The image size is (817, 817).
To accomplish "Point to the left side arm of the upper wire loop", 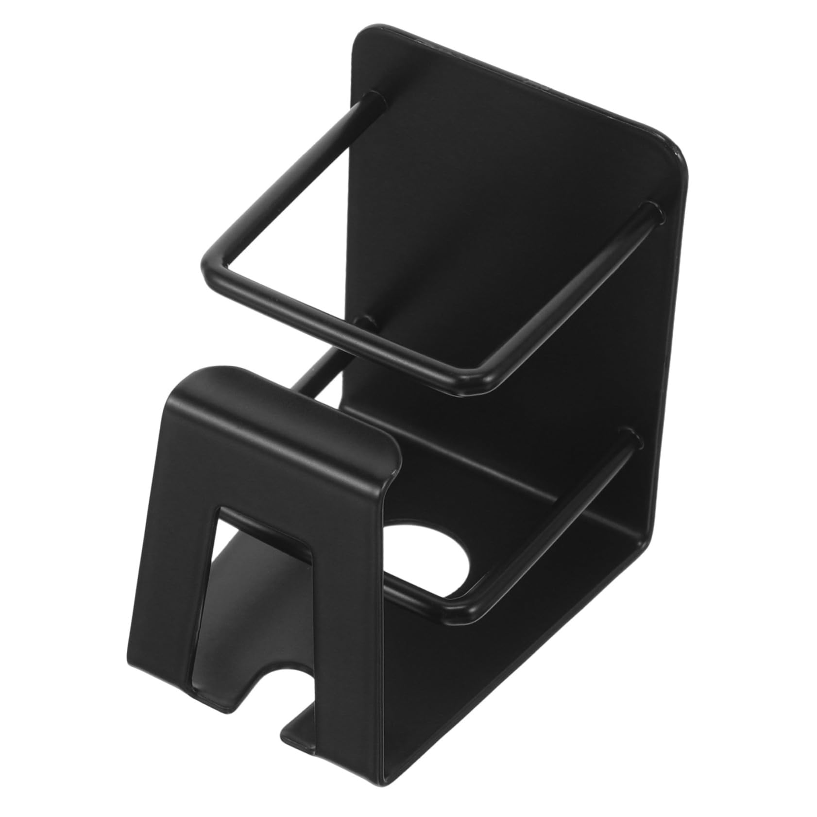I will [x=287, y=180].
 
